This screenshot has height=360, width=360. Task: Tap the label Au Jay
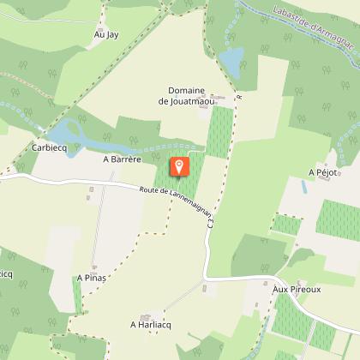click(x=106, y=35)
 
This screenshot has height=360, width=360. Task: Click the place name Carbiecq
click(x=50, y=147)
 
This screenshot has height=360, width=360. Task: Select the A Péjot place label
click(x=324, y=172)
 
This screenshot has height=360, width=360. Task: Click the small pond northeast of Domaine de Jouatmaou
click(x=230, y=59)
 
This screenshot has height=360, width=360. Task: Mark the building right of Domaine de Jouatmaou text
click(x=228, y=96)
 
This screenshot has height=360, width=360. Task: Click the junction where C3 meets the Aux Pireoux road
click(x=206, y=278)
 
